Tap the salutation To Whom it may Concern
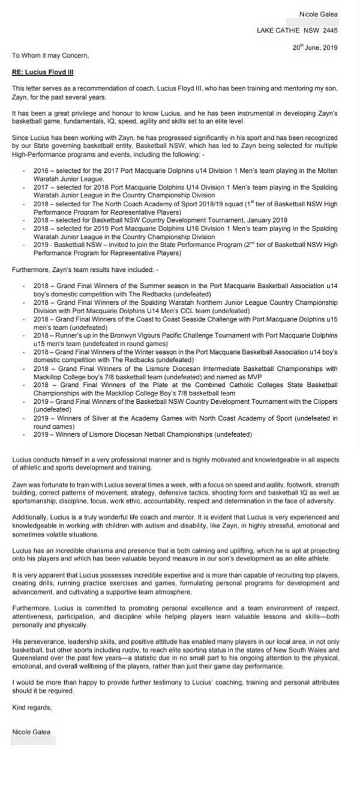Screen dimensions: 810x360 coord(50,56)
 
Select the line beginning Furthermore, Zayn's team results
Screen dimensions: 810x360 coord(85,270)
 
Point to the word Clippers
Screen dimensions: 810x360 coord(325,401)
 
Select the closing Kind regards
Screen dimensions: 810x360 coord(32,707)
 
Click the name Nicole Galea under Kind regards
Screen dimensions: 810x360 coord(31,731)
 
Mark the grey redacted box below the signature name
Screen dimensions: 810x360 coord(34,740)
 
